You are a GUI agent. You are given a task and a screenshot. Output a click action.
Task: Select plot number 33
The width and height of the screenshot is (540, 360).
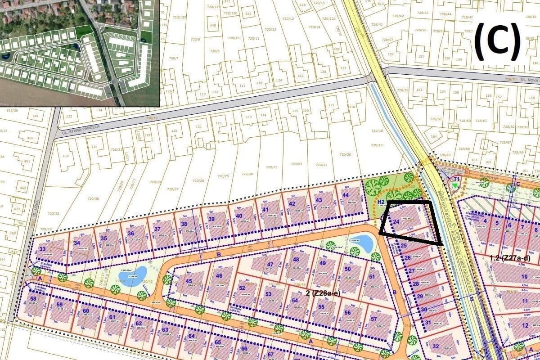click(42, 249)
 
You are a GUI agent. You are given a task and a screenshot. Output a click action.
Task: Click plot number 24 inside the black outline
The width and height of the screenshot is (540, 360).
click(396, 221)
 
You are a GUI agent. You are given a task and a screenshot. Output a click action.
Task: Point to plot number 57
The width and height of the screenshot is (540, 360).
click(374, 318)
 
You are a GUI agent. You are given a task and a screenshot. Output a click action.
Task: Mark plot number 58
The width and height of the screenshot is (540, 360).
click(33, 299)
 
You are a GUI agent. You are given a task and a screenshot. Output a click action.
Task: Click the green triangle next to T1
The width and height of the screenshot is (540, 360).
click(455, 184)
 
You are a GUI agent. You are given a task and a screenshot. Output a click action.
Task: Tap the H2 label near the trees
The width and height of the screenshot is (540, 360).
click(381, 202)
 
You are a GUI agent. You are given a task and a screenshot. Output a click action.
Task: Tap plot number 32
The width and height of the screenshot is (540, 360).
click(435, 346)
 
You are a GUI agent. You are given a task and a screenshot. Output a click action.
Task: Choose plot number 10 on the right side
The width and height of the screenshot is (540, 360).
click(524, 277)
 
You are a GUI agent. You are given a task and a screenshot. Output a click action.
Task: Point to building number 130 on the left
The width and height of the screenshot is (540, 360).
click(66, 156)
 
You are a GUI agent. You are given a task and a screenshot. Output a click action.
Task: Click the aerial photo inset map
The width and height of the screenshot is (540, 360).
click(80, 53)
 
